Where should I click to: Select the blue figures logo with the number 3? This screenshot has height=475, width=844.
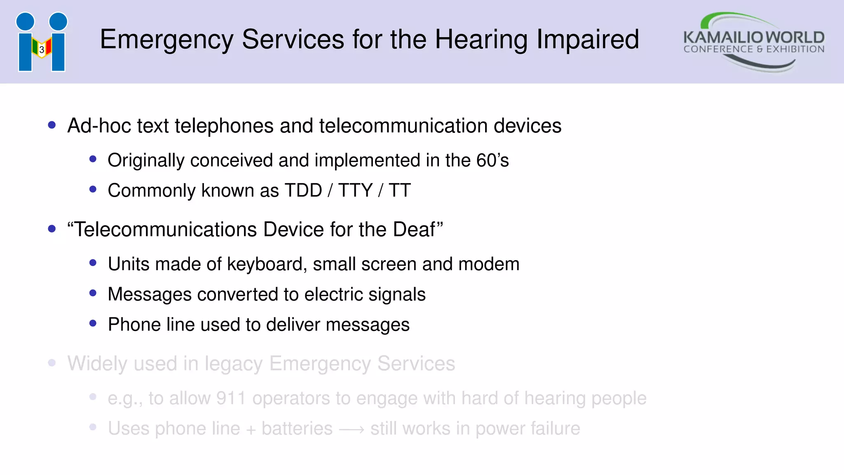click(42, 42)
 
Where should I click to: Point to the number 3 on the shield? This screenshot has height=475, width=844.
click(42, 50)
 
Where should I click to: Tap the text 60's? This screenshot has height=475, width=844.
click(492, 160)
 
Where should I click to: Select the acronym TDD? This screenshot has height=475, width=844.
click(303, 190)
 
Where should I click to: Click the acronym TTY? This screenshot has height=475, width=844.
click(355, 190)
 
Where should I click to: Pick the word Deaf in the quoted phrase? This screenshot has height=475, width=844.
click(414, 229)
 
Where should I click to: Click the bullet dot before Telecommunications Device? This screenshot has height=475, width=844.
click(52, 229)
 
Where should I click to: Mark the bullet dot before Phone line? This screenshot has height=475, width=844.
click(93, 324)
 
